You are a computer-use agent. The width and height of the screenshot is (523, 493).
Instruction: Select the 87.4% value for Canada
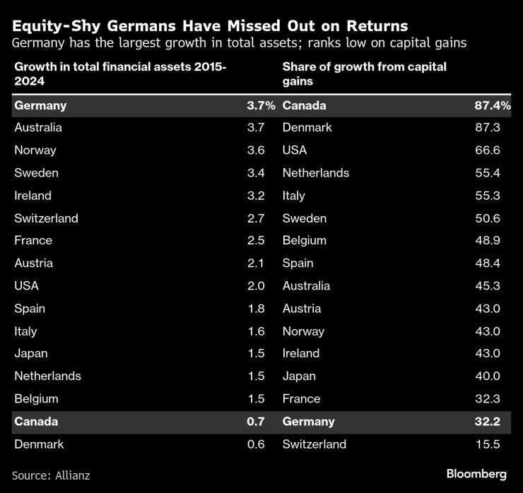pyautogui.click(x=492, y=105)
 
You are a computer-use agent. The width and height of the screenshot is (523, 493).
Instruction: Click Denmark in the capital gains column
pyautogui.click(x=307, y=128)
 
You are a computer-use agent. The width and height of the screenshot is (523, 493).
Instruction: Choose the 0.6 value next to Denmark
pyautogui.click(x=255, y=444)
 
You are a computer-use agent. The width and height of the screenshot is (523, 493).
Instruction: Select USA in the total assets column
pyautogui.click(x=26, y=286)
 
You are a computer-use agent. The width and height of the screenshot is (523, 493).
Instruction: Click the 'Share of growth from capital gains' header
pyautogui.click(x=364, y=74)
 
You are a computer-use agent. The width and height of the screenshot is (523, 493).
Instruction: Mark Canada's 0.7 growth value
pyautogui.click(x=255, y=422)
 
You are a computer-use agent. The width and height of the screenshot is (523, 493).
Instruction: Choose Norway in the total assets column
pyautogui.click(x=35, y=150)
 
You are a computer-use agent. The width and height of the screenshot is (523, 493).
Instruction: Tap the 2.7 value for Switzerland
pyautogui.click(x=255, y=218)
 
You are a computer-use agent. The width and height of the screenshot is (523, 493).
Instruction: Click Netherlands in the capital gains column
pyautogui.click(x=316, y=173)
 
